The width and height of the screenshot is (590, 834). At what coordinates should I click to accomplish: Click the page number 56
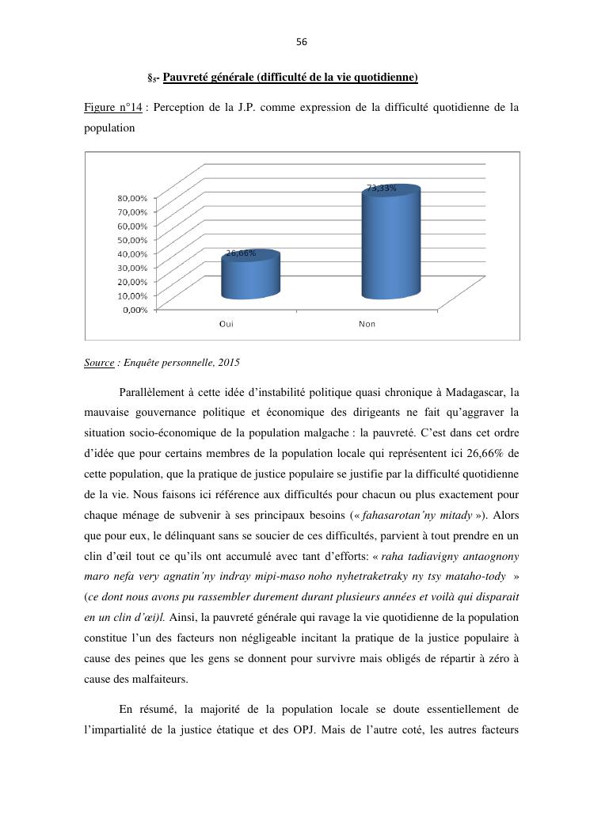301,42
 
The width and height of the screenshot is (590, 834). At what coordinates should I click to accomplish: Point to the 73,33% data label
381,189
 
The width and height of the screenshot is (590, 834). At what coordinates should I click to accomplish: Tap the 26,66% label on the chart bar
241,253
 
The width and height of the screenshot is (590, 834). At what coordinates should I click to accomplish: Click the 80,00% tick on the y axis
132,197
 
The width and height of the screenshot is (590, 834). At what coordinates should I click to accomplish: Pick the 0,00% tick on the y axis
135,310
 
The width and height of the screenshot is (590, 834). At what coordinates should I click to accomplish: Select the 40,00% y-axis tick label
132,253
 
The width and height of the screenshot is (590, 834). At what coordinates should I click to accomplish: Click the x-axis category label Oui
226,324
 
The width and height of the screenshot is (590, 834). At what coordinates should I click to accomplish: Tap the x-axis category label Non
367,324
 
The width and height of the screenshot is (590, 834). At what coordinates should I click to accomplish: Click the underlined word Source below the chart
99,363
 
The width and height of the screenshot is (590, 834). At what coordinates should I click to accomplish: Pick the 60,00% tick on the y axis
132,226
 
